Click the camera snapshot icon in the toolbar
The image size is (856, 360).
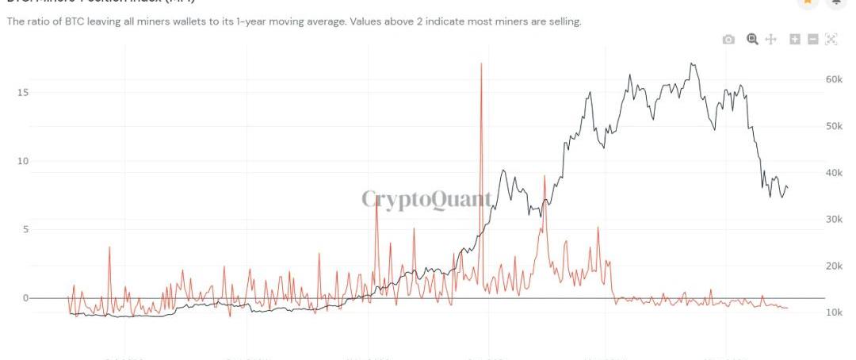click(x=728, y=40)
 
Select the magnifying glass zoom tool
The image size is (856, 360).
click(x=752, y=39)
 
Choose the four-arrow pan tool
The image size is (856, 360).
click(x=770, y=40)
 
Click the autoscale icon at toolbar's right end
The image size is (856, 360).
click(x=831, y=40)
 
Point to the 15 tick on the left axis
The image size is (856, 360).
click(x=23, y=93)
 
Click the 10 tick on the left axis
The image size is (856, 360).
click(x=23, y=161)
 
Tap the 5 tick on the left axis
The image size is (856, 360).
click(x=25, y=230)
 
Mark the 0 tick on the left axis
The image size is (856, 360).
click(x=25, y=298)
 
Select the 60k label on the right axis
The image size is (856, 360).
click(x=833, y=79)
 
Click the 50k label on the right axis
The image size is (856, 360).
click(x=833, y=126)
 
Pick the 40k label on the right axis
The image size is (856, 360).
click(x=833, y=173)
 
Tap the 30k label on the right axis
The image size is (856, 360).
click(x=833, y=220)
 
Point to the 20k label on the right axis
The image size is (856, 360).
click(x=833, y=266)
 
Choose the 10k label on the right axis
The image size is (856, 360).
click(x=833, y=312)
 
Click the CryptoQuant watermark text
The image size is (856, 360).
click(x=426, y=199)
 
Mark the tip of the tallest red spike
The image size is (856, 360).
click(x=481, y=63)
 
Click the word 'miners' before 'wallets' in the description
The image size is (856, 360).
click(x=176, y=21)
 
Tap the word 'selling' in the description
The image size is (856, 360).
click(x=563, y=21)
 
